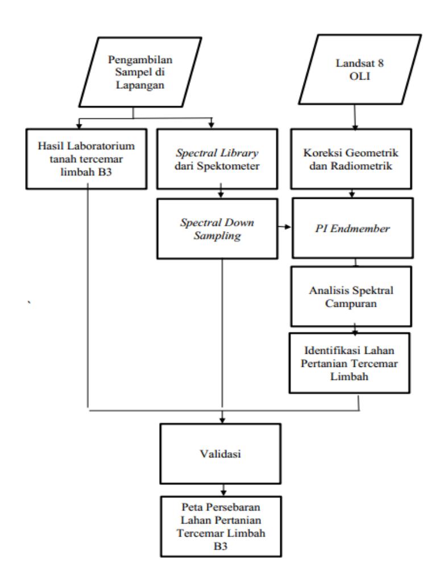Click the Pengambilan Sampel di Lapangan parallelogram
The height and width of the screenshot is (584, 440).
click(140, 72)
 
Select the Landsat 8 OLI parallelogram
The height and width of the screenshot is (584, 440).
click(360, 69)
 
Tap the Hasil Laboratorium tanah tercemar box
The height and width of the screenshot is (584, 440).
click(86, 159)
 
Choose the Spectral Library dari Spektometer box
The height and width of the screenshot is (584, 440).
click(217, 159)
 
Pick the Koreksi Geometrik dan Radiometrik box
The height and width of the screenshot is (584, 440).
click(351, 159)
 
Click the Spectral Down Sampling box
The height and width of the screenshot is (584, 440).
click(217, 228)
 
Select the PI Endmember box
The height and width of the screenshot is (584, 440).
click(353, 228)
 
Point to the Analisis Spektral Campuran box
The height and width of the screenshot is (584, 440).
click(351, 297)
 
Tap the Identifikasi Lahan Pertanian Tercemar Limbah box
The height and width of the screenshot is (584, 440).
click(350, 363)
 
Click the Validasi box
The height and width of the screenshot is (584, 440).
click(221, 454)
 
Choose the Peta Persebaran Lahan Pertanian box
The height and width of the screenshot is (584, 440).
click(221, 526)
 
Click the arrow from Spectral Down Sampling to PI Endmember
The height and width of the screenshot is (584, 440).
click(285, 227)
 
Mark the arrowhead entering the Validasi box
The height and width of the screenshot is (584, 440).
click(222, 420)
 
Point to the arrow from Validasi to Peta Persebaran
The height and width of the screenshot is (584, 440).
click(223, 490)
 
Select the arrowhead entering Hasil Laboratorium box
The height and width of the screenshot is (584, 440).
click(78, 126)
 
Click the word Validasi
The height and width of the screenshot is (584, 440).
click(221, 454)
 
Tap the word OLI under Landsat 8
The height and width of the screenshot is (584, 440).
click(359, 76)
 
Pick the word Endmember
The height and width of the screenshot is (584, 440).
click(360, 228)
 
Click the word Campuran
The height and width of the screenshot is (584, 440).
click(351, 303)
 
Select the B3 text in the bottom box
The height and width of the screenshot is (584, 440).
click(221, 546)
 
